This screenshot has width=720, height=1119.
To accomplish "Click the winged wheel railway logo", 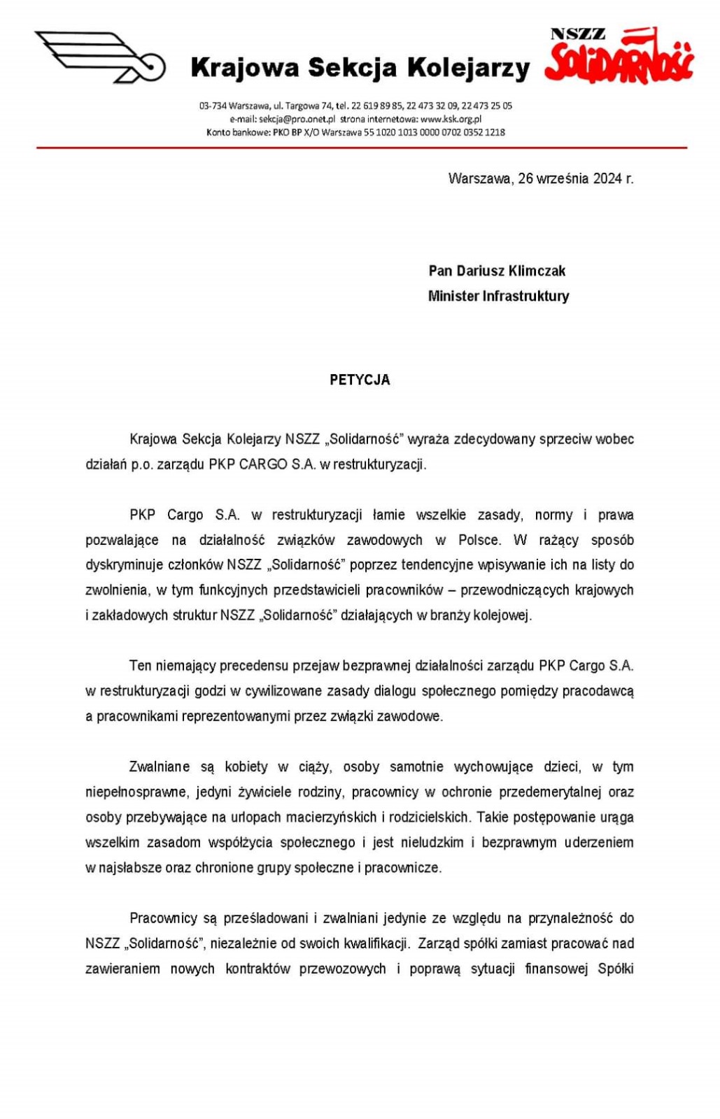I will [100, 57].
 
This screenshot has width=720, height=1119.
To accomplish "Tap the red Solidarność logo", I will [619, 56].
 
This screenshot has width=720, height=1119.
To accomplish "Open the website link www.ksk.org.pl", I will [451, 119].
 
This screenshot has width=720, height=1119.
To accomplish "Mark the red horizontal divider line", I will [361, 148].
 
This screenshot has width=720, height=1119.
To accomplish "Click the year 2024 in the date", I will [607, 178].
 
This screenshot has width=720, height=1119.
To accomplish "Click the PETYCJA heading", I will [360, 380].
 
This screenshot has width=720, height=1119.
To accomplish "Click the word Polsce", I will [479, 540].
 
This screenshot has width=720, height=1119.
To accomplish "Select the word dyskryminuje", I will [124, 565].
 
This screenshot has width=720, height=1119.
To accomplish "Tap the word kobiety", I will [246, 767].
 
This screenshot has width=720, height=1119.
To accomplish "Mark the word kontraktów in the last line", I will [257, 969].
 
